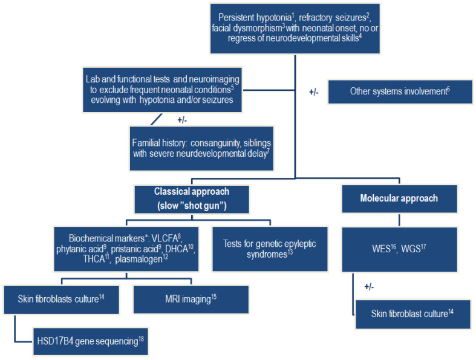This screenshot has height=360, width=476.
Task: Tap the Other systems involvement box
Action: click(x=400, y=92)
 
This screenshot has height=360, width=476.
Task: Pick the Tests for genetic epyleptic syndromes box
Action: click(x=270, y=249)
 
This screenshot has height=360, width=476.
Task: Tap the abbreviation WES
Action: click(x=388, y=248)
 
